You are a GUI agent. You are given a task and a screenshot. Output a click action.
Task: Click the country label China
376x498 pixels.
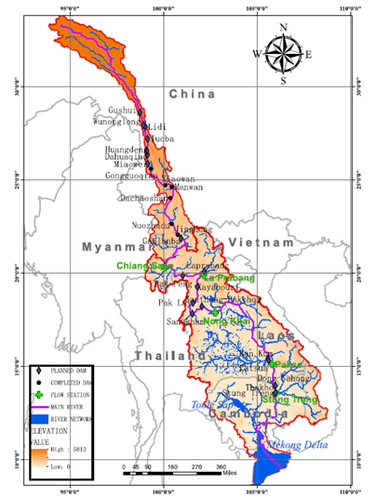click(x=192, y=95)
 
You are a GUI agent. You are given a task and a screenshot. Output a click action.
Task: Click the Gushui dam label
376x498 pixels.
click(x=127, y=110)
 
